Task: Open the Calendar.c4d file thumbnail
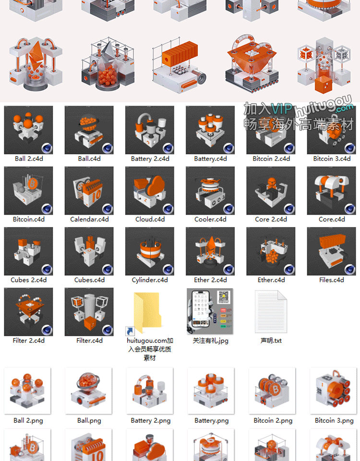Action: (x=89, y=191)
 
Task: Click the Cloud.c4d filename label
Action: (x=150, y=219)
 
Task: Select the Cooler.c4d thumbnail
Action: (x=210, y=191)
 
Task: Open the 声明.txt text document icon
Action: (x=271, y=312)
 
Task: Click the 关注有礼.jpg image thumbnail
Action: (x=210, y=311)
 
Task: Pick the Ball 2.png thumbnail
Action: (x=27, y=391)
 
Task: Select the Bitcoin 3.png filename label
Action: (x=334, y=421)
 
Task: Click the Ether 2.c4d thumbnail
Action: (x=210, y=251)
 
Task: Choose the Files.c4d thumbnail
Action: (x=331, y=251)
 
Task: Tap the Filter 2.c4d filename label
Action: (x=28, y=340)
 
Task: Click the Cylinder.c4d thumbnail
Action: (x=150, y=251)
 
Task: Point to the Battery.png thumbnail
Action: (x=211, y=391)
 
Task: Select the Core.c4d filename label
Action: (x=332, y=219)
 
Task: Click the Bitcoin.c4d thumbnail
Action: (x=28, y=191)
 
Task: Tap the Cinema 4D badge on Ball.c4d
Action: (x=108, y=148)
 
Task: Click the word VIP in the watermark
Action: (x=281, y=109)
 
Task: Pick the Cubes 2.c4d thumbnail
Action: (x=28, y=251)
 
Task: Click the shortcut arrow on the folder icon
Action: (x=130, y=331)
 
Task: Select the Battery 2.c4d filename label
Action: (x=150, y=159)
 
